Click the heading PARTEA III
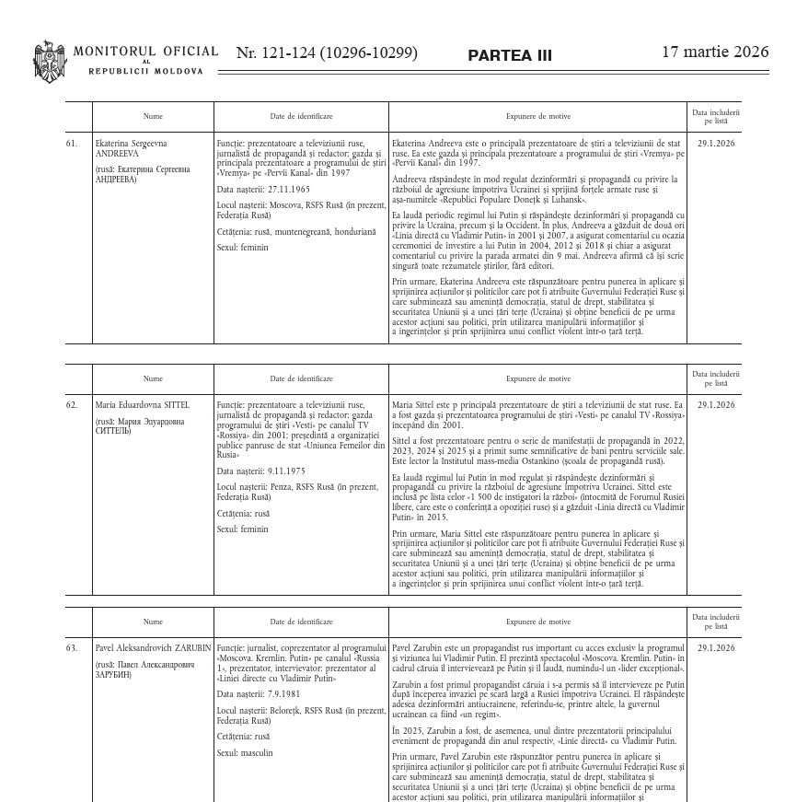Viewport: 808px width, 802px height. (x=510, y=55)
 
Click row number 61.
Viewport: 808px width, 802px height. (x=72, y=144)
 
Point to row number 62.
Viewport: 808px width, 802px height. (x=72, y=405)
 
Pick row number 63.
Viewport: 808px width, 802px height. (x=72, y=648)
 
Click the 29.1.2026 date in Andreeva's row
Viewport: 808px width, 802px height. (x=716, y=144)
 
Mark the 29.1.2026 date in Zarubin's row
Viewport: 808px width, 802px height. (x=716, y=648)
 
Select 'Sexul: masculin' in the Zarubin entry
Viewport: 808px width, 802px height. (x=245, y=752)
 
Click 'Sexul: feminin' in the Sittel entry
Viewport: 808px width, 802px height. (x=243, y=529)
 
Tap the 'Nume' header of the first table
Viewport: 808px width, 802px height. (x=153, y=117)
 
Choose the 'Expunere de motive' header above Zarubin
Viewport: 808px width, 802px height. (x=537, y=622)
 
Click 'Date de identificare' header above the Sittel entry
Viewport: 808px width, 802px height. (x=301, y=378)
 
